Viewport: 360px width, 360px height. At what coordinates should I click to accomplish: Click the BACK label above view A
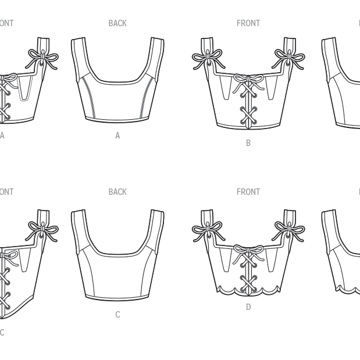coord(117,23)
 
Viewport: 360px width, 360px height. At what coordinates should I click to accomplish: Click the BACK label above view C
coord(117,192)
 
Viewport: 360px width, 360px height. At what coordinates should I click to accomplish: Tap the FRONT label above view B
coord(248,23)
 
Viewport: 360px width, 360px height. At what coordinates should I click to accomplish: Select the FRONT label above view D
coord(248,192)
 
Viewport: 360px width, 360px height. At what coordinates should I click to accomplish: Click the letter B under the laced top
coord(248,143)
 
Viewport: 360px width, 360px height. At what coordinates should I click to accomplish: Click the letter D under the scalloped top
coord(248,307)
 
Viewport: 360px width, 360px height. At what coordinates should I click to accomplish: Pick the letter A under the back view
coord(117,136)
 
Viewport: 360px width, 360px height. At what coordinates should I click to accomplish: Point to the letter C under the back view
coord(117,315)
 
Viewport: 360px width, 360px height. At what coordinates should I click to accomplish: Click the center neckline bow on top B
coord(248,80)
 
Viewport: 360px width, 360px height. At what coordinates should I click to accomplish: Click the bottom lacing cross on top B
coord(248,119)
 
